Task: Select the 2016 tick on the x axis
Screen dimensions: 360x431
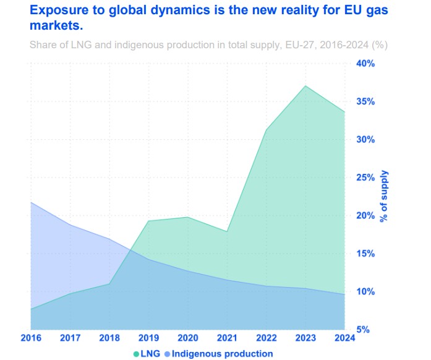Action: point(30,338)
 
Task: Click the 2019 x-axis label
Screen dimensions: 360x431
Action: point(148,338)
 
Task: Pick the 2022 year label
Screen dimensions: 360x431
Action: point(266,338)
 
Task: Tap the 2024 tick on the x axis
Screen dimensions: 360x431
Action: point(344,338)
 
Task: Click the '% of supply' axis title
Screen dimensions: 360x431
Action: point(384,197)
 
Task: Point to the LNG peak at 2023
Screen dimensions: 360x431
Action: point(305,86)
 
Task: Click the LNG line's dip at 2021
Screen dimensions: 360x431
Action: point(227,231)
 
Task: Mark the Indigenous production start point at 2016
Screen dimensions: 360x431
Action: point(31,202)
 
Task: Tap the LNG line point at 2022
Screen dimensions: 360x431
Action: point(266,130)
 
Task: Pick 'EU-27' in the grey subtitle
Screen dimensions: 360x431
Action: point(281,45)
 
